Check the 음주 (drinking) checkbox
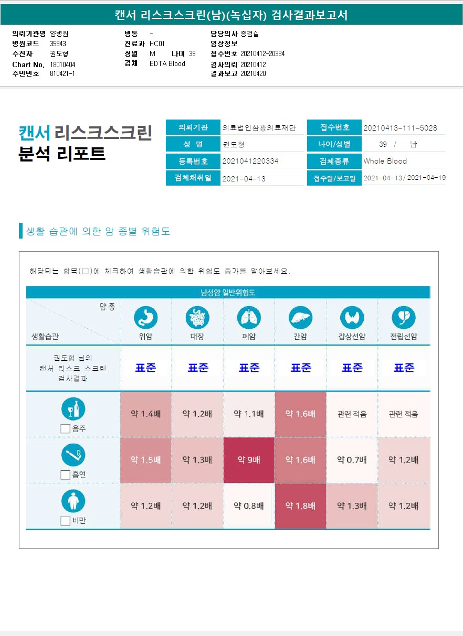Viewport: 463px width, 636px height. coord(66,428)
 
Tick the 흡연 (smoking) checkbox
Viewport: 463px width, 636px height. coord(66,475)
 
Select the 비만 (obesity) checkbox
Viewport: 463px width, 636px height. coord(66,521)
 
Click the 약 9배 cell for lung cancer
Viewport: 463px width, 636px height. coord(249,460)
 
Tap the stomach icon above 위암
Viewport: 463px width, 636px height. coord(145,317)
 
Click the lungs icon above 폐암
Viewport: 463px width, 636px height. coord(249,317)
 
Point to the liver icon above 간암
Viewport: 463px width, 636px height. coord(300,317)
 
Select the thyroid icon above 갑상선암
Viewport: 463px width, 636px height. coord(352,317)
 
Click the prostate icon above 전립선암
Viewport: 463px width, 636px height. coord(403,317)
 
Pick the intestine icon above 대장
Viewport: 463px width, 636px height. coord(197,317)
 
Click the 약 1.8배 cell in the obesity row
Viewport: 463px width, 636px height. coord(300,506)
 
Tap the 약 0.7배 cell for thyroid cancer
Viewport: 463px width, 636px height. coord(352,460)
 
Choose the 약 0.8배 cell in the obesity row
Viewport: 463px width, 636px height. coord(249,506)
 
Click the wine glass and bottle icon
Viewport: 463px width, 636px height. coord(73,409)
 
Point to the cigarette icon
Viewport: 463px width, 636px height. coord(73,455)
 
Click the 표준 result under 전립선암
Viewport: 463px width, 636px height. coord(404,368)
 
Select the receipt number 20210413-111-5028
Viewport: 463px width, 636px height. coord(400,128)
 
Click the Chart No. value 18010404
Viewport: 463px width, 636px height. coord(63,64)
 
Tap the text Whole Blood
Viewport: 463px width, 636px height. coord(385,161)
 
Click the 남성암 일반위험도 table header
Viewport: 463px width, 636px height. coord(228,293)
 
